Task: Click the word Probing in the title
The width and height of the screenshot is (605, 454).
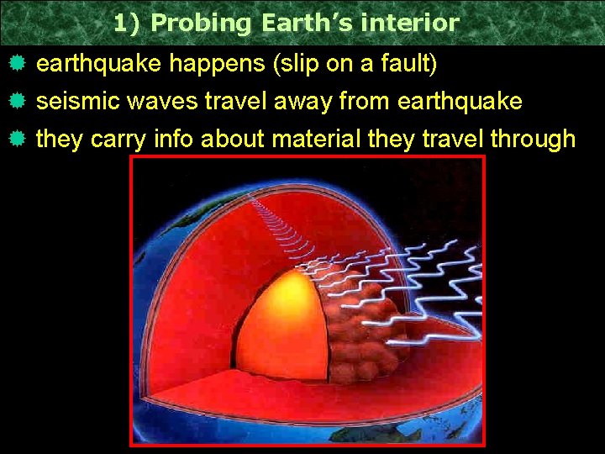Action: (x=202, y=23)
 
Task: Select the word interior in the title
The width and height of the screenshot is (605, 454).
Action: (x=411, y=23)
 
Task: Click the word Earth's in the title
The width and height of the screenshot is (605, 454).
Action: (x=307, y=23)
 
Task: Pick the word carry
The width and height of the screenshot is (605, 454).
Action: (x=118, y=139)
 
